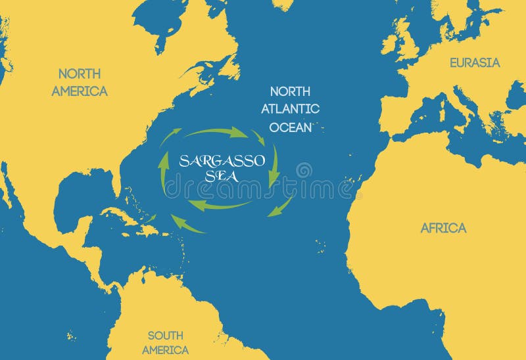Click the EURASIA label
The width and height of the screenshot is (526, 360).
point(475,63)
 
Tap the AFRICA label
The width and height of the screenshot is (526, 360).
point(443,228)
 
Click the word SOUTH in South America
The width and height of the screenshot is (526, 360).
point(165,335)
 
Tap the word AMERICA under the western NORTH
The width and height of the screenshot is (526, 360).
point(80,91)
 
